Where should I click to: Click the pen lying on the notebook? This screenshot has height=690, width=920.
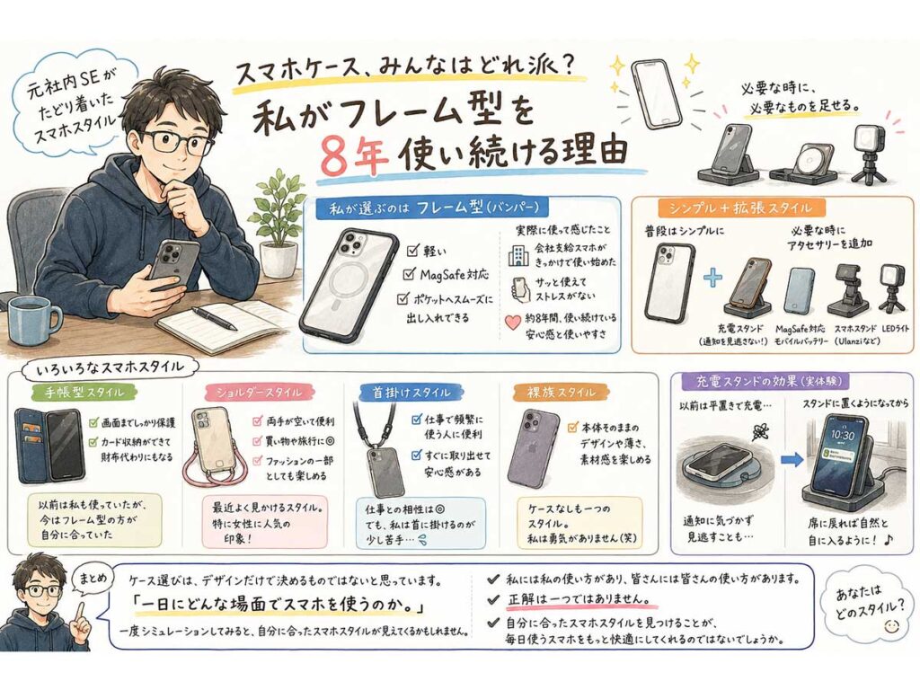coord(214,317)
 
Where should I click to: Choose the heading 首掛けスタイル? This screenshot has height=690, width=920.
coord(411,392)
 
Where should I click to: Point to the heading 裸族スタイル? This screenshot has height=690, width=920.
coord(553,392)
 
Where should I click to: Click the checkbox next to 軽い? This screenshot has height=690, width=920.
coord(412,252)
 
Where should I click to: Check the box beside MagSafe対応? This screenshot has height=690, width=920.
coord(410,275)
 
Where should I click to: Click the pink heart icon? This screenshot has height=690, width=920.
coord(513,323)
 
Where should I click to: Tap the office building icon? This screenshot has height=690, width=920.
coord(518,255)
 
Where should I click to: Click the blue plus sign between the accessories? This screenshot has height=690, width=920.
coord(712,277)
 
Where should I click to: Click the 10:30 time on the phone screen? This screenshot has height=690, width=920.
coord(842,435)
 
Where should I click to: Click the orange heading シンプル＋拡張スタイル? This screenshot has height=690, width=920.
coord(741,208)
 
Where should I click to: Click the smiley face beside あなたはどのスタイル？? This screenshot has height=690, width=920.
coord(891,626)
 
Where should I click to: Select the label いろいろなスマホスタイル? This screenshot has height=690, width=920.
coord(110,367)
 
